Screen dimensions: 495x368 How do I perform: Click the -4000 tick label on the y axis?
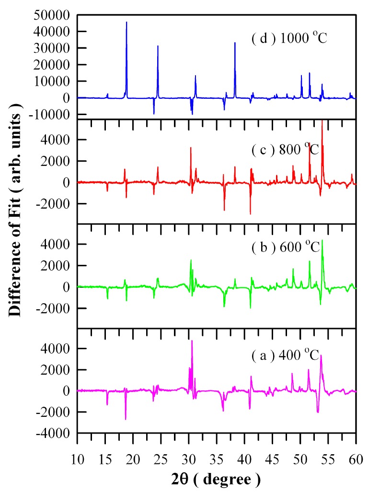59,434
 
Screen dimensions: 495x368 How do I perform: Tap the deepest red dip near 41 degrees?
250,214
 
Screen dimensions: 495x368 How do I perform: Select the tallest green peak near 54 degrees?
322,240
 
